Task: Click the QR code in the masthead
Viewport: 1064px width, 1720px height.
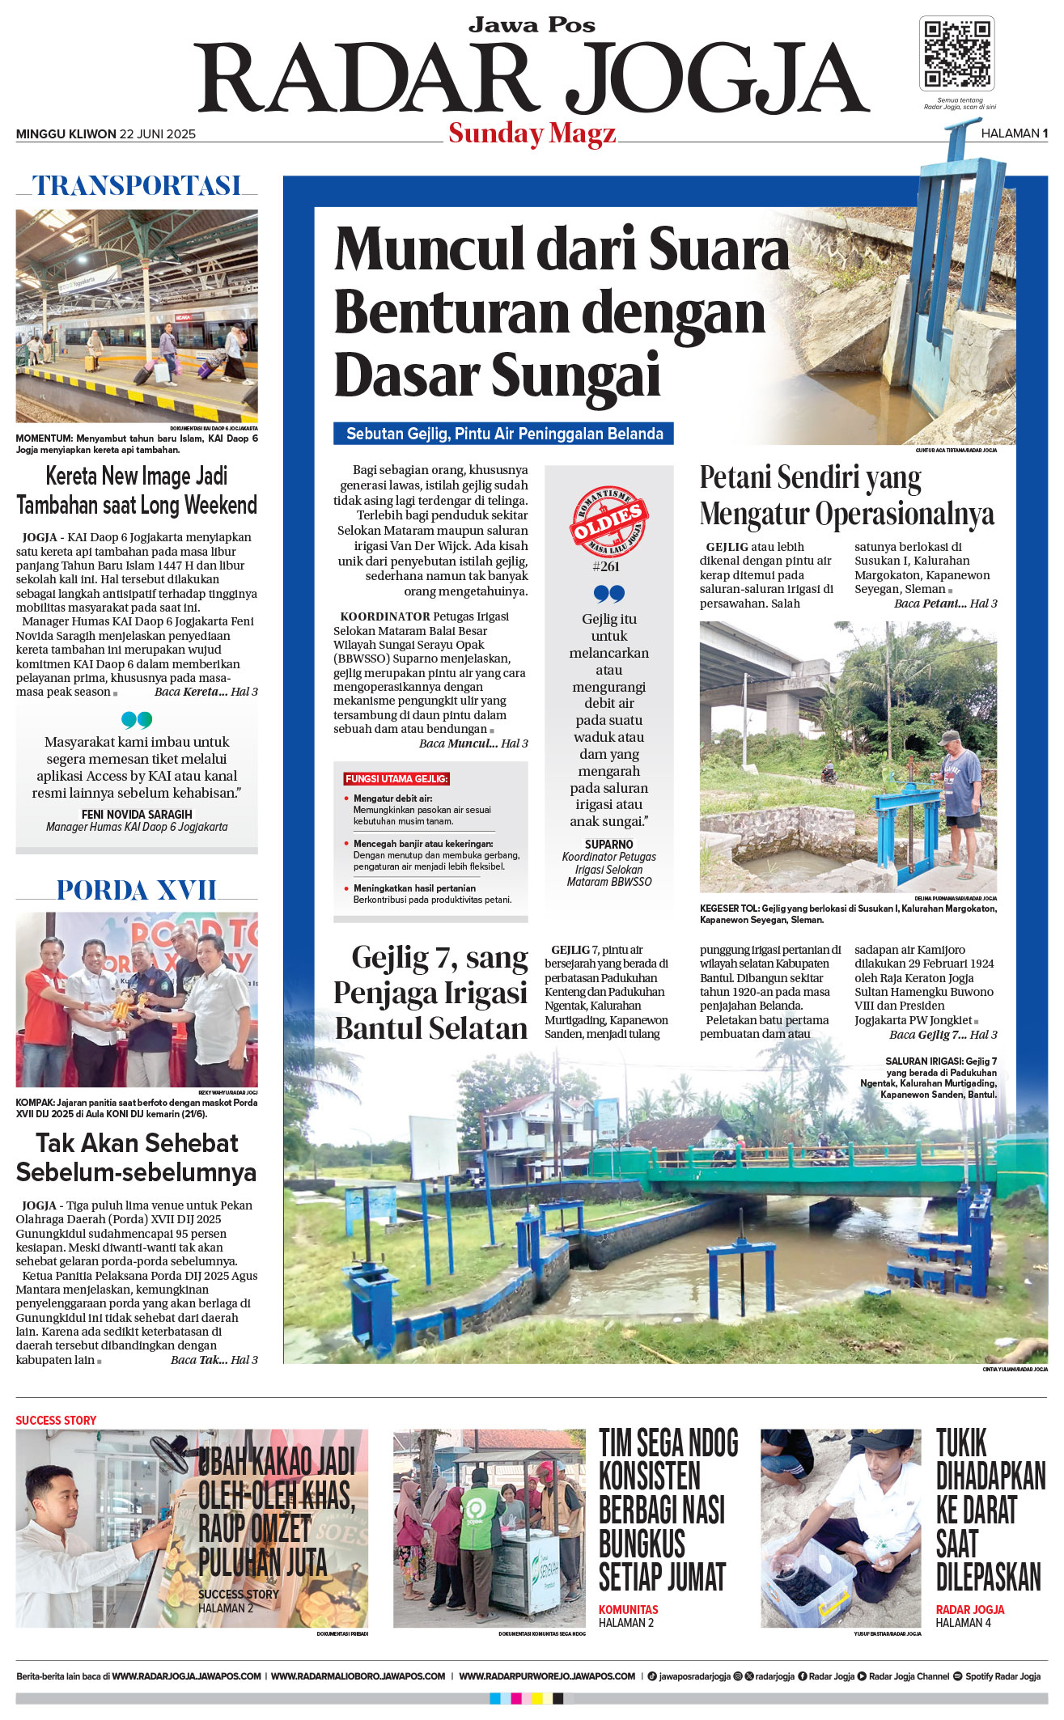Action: coord(957,53)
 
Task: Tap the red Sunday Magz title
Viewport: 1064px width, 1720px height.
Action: coord(532,133)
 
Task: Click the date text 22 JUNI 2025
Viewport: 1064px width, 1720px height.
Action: coord(158,134)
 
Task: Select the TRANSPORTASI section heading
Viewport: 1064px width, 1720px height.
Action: coord(137,186)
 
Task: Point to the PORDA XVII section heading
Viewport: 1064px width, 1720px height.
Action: coord(137,891)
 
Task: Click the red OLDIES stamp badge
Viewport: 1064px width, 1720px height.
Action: coord(608,522)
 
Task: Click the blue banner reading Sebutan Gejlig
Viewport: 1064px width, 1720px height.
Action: coord(503,434)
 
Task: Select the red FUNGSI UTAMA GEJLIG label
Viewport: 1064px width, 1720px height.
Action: coord(396,778)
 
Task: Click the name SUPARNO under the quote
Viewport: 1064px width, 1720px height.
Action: coord(608,844)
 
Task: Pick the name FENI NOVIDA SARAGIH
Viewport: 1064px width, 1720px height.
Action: coord(137,814)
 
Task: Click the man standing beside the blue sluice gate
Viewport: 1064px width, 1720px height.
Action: coord(960,801)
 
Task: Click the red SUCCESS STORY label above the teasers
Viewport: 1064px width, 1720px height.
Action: coord(56,1420)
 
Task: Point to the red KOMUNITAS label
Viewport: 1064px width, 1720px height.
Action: coord(628,1609)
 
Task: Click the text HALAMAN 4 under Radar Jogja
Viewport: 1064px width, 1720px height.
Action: coord(963,1622)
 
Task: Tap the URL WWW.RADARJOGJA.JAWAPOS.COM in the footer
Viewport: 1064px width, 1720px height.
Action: coord(186,1676)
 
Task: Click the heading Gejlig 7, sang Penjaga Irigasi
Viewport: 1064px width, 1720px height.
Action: coord(430,992)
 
